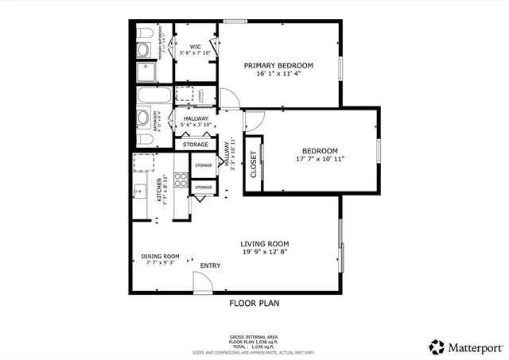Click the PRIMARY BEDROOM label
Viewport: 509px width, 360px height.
pos(278,65)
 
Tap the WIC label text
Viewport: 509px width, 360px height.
pos(195,46)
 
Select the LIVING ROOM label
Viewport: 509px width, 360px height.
pos(265,244)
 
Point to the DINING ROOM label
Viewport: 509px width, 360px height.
pos(160,256)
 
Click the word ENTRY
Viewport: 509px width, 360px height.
pos(211,265)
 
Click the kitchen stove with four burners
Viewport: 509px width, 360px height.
pos(181,180)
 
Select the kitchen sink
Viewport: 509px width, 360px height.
pos(138,191)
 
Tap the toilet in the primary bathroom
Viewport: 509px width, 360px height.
pos(143,34)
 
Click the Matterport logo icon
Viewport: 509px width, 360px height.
pos(437,346)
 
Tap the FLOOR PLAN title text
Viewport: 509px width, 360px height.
pos(254,303)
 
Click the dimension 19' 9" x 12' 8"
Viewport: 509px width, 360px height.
pos(265,253)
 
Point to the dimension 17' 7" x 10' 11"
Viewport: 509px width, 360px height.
pos(319,159)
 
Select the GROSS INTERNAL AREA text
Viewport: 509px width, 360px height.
pos(254,338)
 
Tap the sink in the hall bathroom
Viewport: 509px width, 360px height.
pos(143,118)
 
